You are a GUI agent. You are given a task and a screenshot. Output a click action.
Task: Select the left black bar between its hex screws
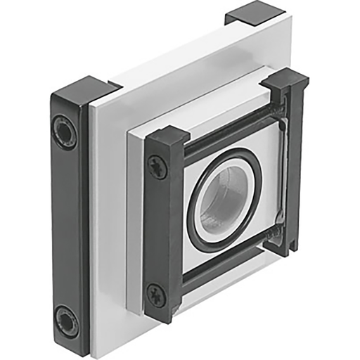(67, 225)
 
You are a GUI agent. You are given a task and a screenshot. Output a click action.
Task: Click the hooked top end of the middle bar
(167, 137)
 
